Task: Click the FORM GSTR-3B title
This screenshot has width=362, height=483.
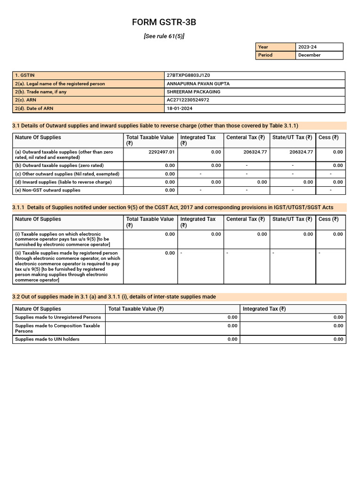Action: tap(164, 23)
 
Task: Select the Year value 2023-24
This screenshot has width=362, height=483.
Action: tap(307, 47)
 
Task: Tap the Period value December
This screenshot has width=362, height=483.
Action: tap(309, 55)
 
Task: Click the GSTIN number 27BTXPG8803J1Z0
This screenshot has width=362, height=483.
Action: tap(189, 75)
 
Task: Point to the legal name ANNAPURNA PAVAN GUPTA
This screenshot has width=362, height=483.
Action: tap(198, 84)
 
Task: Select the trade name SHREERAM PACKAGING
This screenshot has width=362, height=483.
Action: tap(194, 92)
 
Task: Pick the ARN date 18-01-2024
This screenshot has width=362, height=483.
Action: tap(180, 108)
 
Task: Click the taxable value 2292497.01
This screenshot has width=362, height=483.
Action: tap(161, 152)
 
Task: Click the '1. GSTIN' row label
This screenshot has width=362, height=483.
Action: tap(25, 75)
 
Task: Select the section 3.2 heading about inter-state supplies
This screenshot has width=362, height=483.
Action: tap(114, 297)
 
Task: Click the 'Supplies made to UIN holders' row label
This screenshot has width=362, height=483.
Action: tap(47, 339)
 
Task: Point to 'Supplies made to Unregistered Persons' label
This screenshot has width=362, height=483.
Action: tap(58, 317)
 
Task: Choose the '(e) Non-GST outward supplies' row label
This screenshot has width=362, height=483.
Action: tap(48, 190)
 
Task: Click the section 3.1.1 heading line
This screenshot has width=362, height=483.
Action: tap(173, 207)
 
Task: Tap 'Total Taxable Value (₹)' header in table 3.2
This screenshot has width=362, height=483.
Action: tap(136, 309)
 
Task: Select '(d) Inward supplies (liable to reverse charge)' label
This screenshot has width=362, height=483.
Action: tap(63, 182)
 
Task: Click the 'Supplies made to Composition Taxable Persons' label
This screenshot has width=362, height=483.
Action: tap(58, 328)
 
